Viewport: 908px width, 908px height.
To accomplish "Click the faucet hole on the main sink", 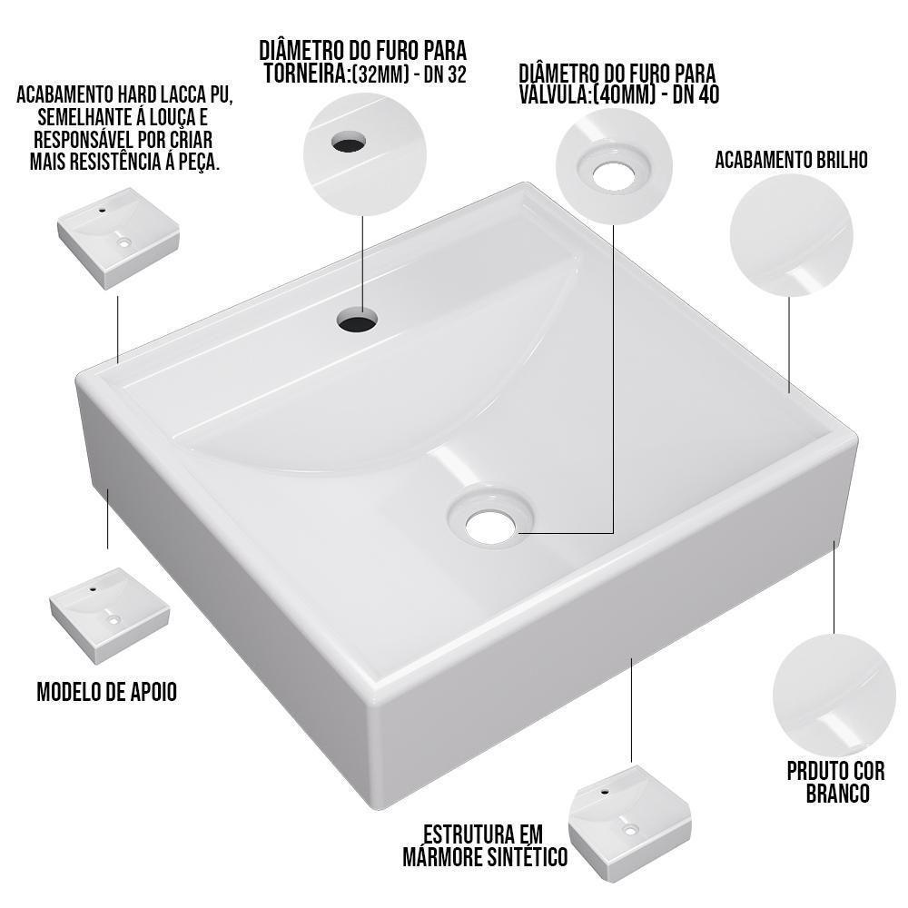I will (x=357, y=320).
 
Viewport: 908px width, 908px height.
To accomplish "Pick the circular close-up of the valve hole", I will (x=616, y=169).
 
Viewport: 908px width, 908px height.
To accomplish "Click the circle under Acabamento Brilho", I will (x=791, y=236).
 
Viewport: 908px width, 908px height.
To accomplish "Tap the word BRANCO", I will (x=837, y=793).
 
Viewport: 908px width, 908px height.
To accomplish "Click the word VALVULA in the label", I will (x=553, y=95).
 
